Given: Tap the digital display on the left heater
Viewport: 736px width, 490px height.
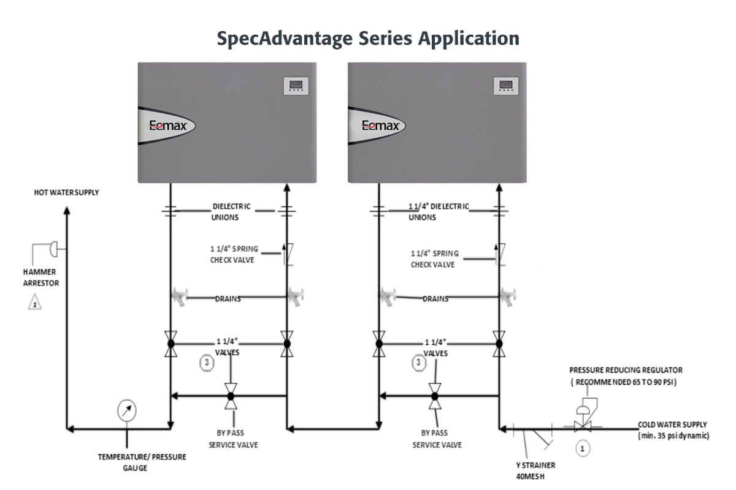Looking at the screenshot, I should pos(294,86).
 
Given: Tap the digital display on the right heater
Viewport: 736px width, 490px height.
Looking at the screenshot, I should pos(506,86).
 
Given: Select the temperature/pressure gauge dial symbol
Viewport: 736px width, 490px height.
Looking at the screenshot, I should pos(127,410).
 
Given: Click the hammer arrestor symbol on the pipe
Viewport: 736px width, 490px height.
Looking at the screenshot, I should pos(53,247).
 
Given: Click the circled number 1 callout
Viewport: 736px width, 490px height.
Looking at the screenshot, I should pos(582,448).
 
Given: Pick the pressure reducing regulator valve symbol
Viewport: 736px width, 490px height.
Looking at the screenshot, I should pos(581,423).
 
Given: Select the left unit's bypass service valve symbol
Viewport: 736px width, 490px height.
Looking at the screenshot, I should pos(231,396).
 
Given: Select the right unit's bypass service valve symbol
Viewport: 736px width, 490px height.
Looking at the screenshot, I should pos(434,396).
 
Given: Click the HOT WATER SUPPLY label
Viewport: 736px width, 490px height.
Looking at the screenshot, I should pos(66,192).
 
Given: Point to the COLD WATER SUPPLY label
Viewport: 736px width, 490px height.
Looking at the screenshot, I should pos(672,424).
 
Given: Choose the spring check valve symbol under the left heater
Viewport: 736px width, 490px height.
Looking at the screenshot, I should pos(285,253).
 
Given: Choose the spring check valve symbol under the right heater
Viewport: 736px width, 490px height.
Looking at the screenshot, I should pos(500,253).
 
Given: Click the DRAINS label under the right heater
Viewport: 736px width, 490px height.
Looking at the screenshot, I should pos(435,299).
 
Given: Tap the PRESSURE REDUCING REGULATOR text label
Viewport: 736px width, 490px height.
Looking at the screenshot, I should pos(626,370).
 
